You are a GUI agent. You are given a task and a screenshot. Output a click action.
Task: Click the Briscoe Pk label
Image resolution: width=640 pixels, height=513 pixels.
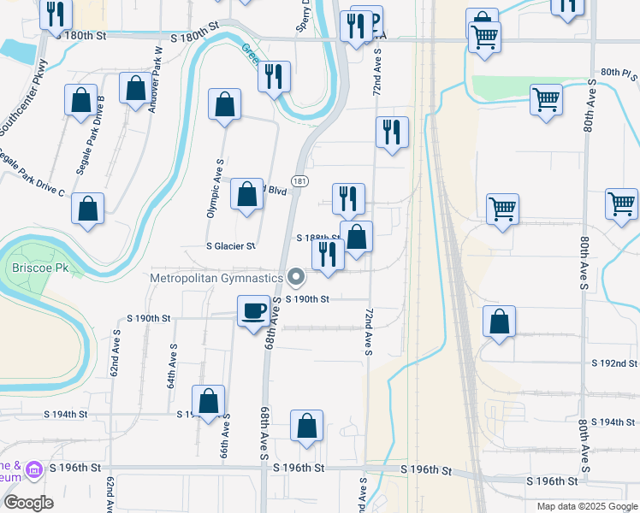(33, 267)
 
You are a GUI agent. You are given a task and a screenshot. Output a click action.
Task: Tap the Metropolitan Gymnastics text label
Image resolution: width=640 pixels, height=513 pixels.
(216, 278)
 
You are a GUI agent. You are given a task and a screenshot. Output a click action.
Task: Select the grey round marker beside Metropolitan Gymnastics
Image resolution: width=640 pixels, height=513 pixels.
(296, 277)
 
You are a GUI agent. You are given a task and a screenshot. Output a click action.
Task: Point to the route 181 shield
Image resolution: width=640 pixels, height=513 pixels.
(299, 181)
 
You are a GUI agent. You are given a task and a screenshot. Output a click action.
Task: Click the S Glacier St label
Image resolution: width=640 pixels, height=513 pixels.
(230, 245)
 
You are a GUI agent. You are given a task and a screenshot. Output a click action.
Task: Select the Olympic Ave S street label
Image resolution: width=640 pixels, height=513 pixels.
(214, 187)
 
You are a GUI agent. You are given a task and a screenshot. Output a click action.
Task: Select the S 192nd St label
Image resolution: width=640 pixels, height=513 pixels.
(615, 363)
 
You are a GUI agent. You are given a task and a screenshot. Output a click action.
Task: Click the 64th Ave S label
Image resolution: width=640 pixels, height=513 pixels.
(172, 366)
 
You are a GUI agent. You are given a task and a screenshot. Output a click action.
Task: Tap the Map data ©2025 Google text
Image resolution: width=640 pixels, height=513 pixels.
(586, 506)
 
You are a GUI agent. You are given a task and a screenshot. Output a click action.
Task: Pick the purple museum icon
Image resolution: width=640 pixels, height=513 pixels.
(34, 469)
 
